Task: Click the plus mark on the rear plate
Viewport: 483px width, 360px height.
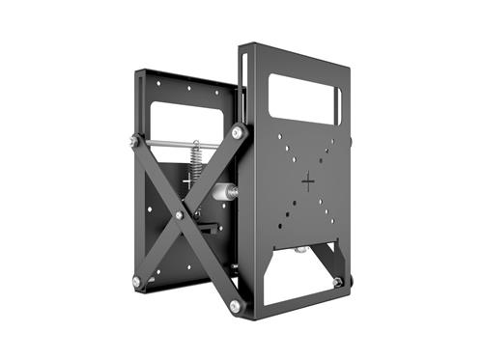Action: pos(187,180)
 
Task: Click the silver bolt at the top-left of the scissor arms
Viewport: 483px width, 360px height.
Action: pos(133,143)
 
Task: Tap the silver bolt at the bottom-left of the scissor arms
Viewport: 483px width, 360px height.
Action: pos(136,281)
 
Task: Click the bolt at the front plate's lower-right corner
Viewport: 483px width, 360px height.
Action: pos(336,281)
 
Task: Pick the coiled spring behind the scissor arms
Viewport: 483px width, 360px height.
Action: pos(195,159)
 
